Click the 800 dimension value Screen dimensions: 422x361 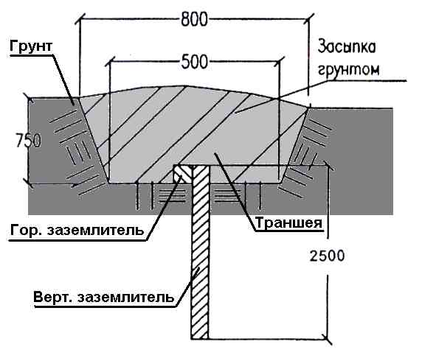(x=194, y=19)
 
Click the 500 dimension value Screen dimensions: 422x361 (x=195, y=62)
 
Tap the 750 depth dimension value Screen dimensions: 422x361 (x=29, y=141)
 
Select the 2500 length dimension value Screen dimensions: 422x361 (x=327, y=256)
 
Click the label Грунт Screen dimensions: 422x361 (x=31, y=46)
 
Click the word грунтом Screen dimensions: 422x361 (x=349, y=69)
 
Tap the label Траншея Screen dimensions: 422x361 (x=288, y=222)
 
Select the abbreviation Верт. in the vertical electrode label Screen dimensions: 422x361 (x=53, y=298)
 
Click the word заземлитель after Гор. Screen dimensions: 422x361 (x=95, y=231)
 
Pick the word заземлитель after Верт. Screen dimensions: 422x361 (x=125, y=298)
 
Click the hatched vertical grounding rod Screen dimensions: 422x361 (x=200, y=253)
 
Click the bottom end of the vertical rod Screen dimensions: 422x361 (x=200, y=339)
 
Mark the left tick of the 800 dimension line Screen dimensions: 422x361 (x=80, y=19)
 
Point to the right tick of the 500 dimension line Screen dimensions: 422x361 (x=280, y=62)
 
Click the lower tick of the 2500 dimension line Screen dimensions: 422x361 (x=328, y=339)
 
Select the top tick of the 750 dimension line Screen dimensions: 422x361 (x=29, y=98)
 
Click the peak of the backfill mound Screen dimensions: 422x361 (x=186, y=86)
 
